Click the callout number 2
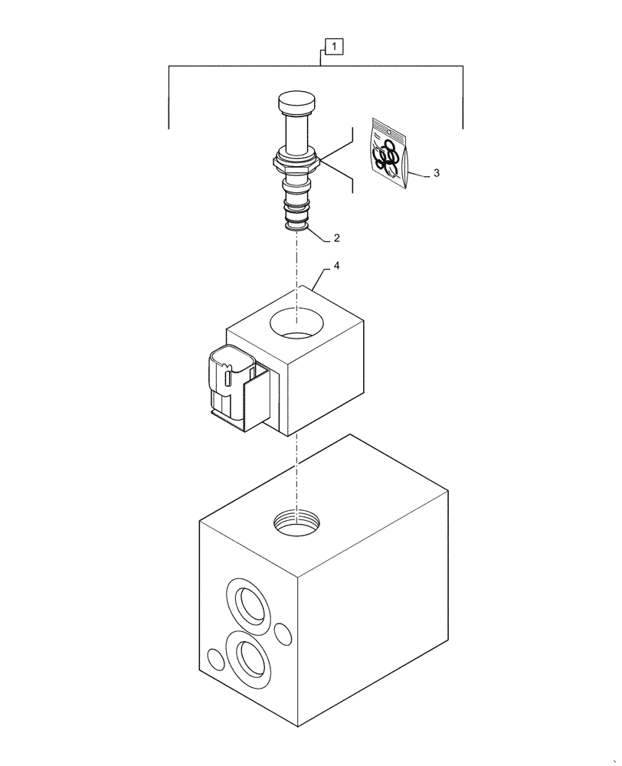[336, 238]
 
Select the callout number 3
[436, 174]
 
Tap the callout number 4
[336, 267]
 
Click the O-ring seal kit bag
[388, 151]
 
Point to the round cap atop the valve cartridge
[296, 103]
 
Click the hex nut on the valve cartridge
[295, 163]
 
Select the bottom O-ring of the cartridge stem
[296, 223]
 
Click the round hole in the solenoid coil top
[296, 322]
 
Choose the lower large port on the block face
[250, 658]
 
